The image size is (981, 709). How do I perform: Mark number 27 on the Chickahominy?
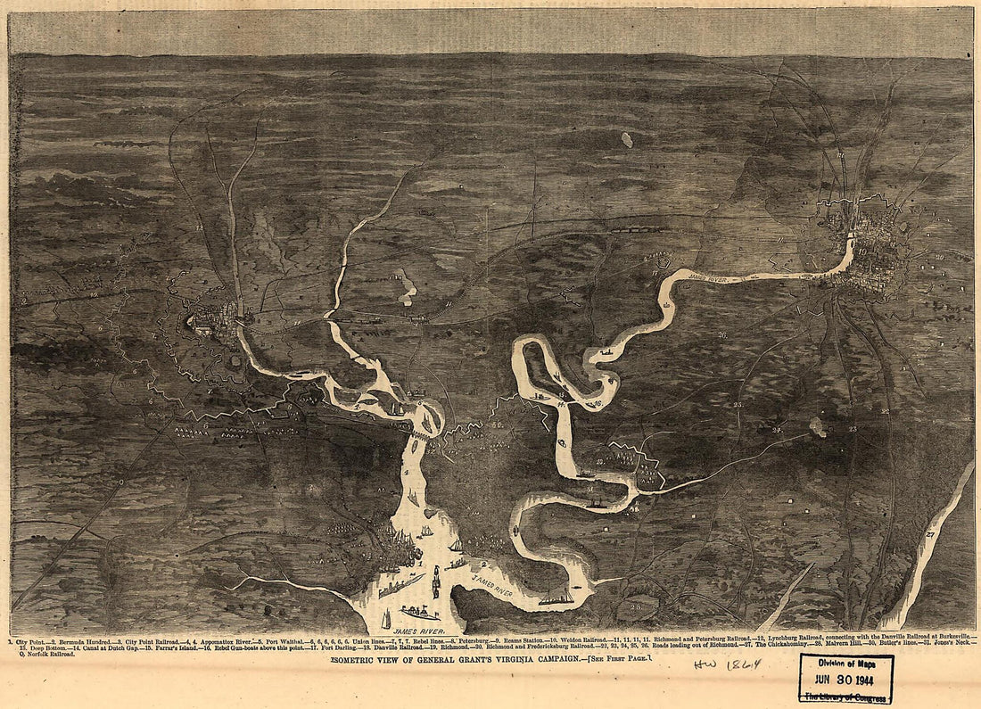[x=929, y=533]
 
